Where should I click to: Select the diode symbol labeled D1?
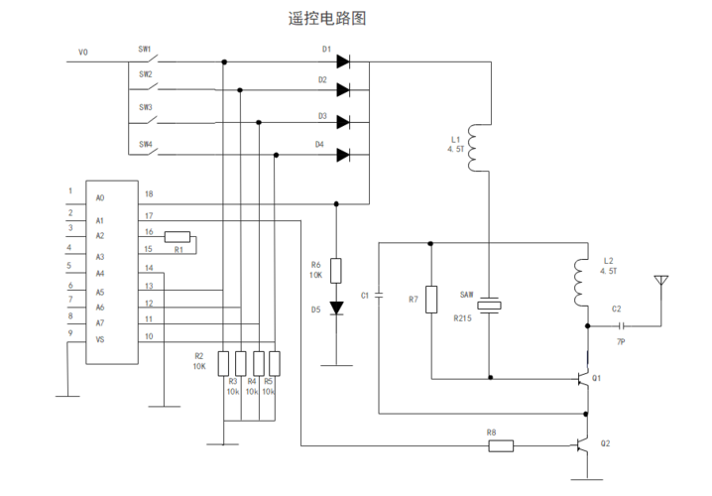[342, 62]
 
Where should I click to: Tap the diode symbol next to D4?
[342, 154]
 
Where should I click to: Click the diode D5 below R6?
[336, 309]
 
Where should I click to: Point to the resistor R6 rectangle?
[336, 271]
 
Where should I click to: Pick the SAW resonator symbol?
[490, 305]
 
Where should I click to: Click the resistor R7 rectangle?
[431, 299]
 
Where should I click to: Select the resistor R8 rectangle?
[501, 446]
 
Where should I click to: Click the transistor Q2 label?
[606, 443]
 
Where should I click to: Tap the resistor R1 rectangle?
[178, 236]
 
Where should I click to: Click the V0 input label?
[83, 52]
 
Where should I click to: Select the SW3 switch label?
[145, 107]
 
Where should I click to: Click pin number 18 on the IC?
[149, 194]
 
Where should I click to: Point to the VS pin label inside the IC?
[99, 339]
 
